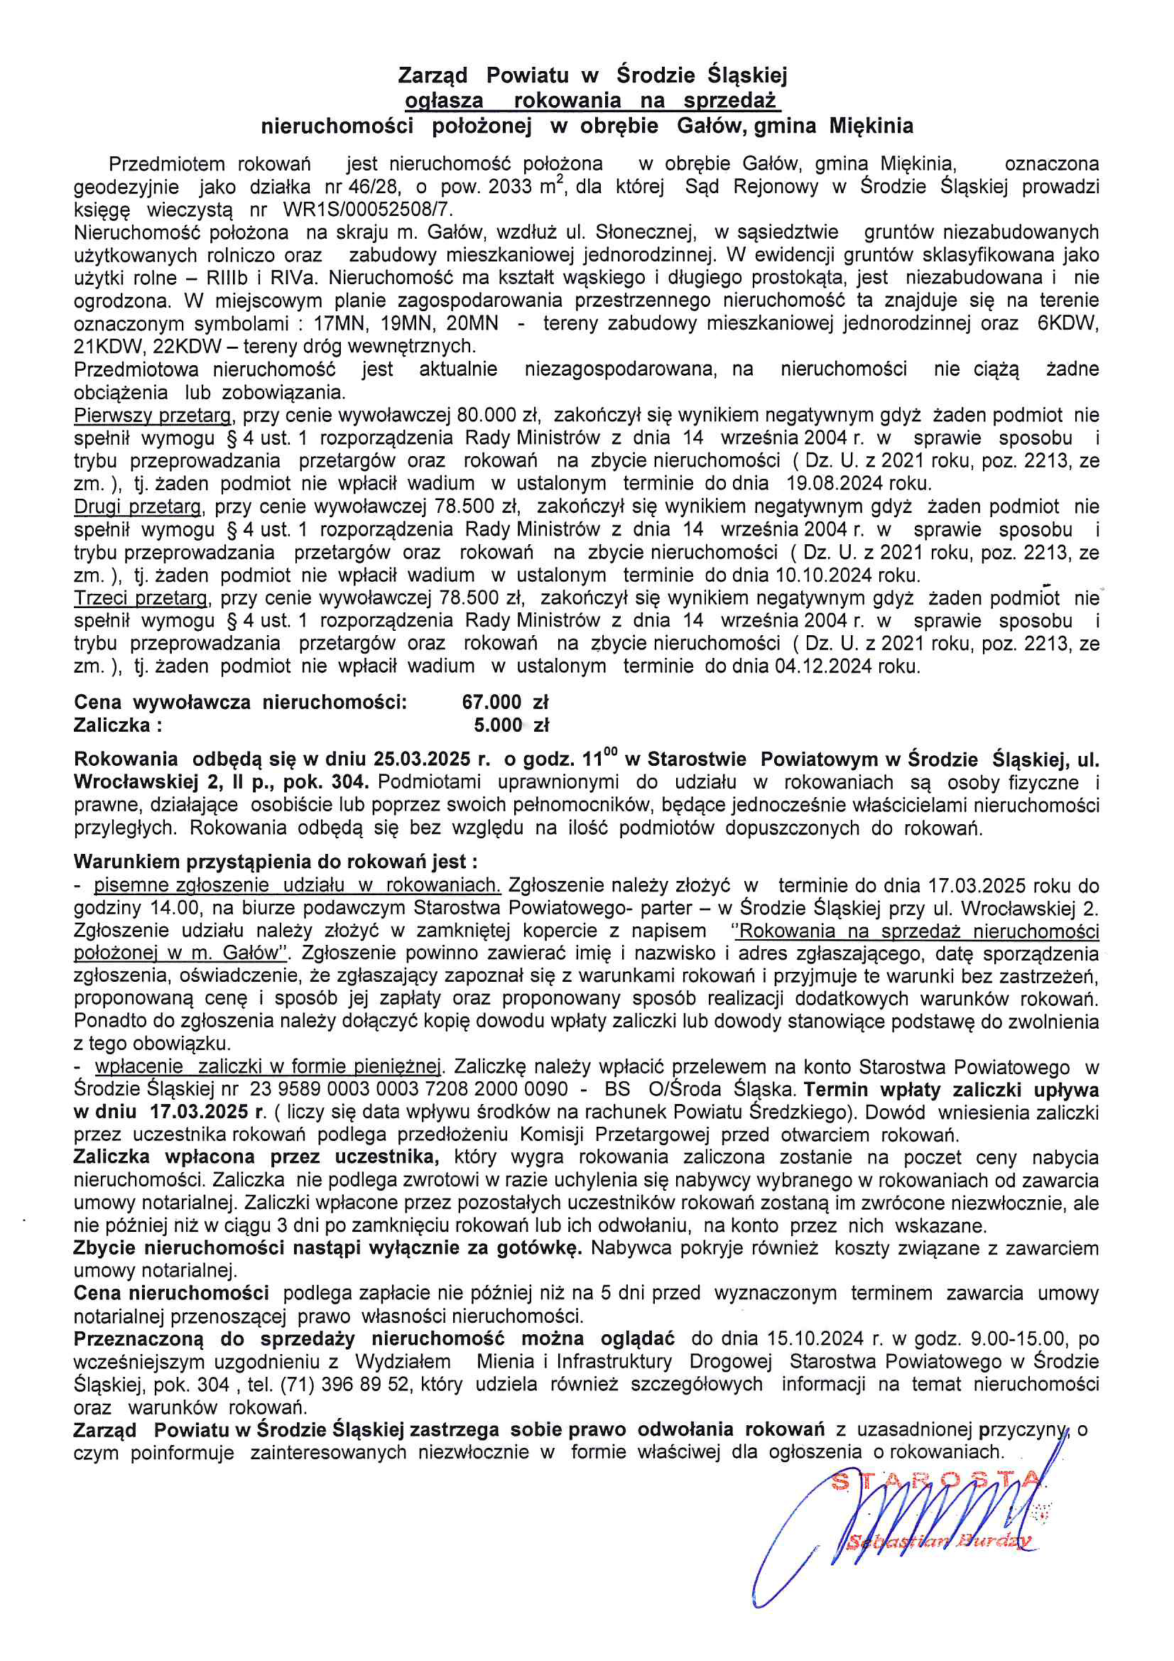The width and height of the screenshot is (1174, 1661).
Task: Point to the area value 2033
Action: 510,187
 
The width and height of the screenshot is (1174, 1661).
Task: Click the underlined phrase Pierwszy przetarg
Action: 153,415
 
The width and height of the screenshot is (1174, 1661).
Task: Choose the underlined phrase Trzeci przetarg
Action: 141,598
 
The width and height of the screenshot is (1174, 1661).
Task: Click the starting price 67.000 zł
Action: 505,702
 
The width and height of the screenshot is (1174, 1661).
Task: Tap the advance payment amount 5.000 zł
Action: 511,725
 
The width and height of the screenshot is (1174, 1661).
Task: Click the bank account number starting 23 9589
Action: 409,1089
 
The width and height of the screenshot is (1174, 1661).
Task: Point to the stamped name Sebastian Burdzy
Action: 940,1542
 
